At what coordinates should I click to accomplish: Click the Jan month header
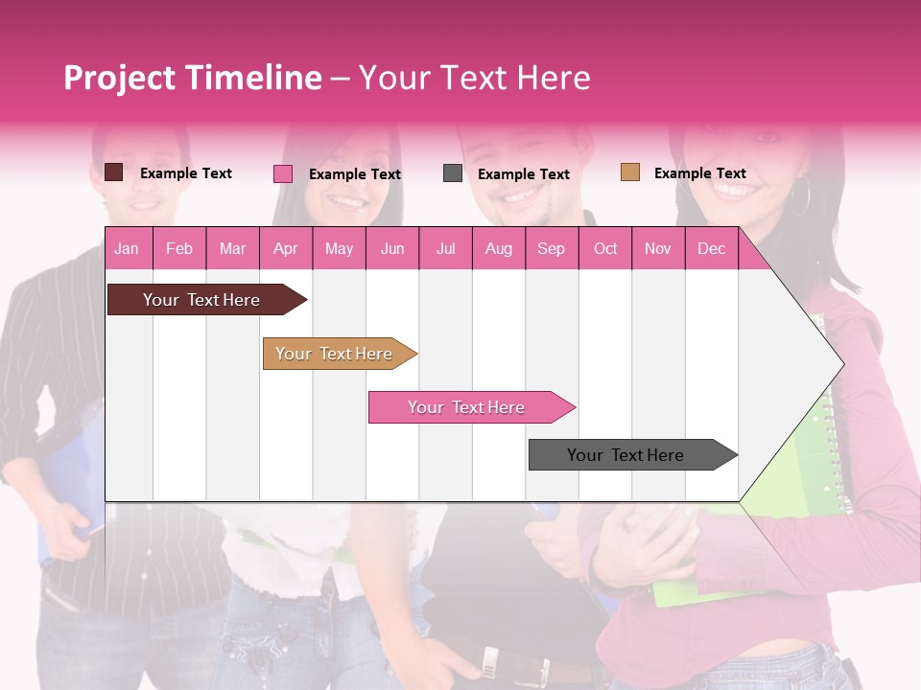point(128,249)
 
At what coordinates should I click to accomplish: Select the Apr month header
point(285,249)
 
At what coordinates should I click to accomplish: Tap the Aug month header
point(498,249)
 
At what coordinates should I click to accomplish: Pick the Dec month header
point(711,249)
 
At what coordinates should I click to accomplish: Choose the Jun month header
point(391,249)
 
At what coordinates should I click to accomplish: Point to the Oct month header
point(604,249)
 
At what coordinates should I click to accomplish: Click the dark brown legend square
point(114,172)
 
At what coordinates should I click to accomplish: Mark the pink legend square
point(283,173)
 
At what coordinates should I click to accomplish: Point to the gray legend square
point(453,173)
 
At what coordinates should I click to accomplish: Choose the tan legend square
point(630,172)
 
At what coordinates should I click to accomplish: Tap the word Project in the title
point(121,78)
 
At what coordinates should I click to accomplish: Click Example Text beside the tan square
point(699,173)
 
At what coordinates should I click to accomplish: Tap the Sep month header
point(551,249)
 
